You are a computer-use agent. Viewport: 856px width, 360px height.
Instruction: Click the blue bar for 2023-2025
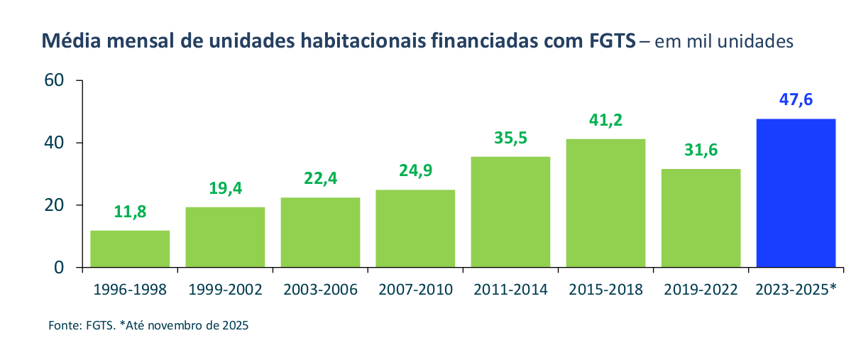coord(796,193)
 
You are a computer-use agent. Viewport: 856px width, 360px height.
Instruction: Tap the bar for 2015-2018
coord(606,203)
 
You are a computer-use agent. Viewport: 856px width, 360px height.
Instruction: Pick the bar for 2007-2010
coord(415,229)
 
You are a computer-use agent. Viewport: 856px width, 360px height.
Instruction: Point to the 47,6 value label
coord(796,100)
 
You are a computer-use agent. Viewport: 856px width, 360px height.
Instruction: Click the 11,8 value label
coord(130,212)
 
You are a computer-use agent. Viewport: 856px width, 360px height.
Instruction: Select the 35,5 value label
coord(510,138)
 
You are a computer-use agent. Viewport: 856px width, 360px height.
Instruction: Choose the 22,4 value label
coord(320,178)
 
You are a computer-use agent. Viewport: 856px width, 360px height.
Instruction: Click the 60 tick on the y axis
coord(55,80)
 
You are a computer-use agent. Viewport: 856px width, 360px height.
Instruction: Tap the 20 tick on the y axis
coord(55,205)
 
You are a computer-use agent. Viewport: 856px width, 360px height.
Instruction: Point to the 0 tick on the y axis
coord(60,268)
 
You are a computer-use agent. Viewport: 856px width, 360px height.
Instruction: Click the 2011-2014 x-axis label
coord(510,290)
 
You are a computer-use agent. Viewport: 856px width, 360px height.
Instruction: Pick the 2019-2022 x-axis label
coord(701,290)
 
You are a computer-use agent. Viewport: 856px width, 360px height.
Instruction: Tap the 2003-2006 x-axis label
coord(320,290)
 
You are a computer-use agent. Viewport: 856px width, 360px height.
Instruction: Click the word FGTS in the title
coord(612,41)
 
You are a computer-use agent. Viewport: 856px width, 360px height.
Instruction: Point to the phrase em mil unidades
coord(724,42)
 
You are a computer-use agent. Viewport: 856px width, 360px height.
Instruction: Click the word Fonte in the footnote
coord(63,326)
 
